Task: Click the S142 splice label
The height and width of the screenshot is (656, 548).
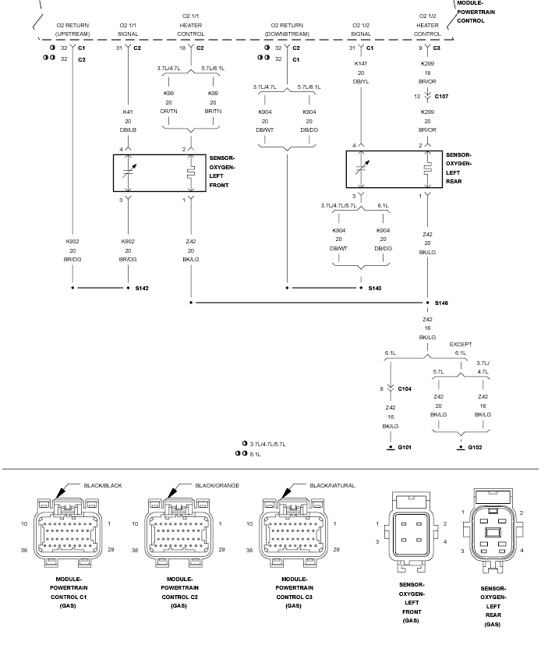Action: tap(142, 289)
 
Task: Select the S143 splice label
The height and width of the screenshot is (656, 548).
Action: tap(374, 289)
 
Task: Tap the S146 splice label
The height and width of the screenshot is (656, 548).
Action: tap(441, 303)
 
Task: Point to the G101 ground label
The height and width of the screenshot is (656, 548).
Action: tap(405, 447)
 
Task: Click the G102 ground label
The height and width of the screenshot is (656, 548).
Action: tap(475, 447)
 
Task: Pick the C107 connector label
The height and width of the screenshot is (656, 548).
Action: tap(441, 96)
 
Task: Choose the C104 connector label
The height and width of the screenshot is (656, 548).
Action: tap(405, 388)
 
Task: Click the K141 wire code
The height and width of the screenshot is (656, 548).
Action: tap(361, 64)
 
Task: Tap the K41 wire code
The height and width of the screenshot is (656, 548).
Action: tap(128, 112)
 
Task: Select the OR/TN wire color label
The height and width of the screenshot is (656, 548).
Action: tap(168, 112)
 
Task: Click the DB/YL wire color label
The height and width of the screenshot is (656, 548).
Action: tap(361, 82)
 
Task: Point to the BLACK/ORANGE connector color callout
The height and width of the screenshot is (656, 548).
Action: tap(217, 485)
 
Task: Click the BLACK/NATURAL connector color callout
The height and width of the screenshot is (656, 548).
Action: tap(332, 485)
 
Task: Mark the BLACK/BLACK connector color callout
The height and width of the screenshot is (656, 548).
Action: tap(103, 485)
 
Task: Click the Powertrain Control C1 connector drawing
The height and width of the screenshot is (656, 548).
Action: tap(69, 532)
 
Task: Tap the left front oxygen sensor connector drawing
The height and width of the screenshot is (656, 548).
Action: tap(412, 532)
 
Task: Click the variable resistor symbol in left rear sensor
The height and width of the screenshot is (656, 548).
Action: tap(362, 169)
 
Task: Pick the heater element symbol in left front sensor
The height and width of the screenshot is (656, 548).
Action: tap(191, 173)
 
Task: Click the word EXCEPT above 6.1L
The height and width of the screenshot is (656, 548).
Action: tap(460, 344)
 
